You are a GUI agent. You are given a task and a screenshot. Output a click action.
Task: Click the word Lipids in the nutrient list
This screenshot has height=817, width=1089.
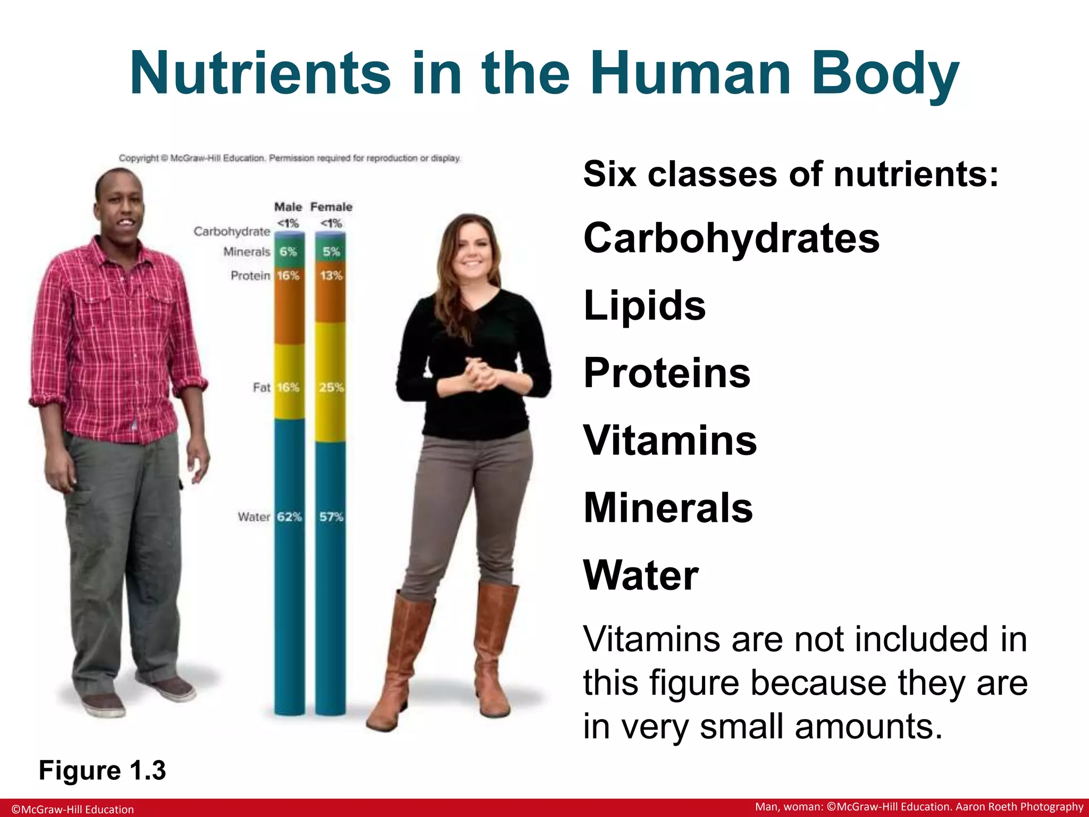click(644, 305)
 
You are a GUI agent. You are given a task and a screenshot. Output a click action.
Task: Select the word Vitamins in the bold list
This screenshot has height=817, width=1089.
click(669, 440)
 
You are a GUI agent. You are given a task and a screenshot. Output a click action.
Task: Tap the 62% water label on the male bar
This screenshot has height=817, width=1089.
click(289, 516)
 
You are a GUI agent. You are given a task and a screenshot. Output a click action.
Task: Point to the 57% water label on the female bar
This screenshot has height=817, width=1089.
click(331, 516)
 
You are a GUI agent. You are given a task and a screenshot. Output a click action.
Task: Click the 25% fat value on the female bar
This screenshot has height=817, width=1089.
click(331, 387)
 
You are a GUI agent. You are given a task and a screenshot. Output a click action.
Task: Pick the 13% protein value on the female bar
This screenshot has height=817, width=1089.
click(331, 276)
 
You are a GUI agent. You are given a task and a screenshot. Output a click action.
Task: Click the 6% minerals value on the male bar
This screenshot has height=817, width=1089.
click(288, 252)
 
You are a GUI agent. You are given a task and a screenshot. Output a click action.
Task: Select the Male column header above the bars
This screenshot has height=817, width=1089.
click(288, 207)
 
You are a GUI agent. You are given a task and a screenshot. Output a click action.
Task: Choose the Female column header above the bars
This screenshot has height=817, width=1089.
click(331, 207)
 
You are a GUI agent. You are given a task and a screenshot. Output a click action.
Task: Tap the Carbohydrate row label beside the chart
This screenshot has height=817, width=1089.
click(232, 231)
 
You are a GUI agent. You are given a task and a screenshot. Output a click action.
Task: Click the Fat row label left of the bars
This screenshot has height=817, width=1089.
click(261, 387)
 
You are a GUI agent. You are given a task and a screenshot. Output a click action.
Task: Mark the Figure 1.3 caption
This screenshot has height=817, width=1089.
click(102, 770)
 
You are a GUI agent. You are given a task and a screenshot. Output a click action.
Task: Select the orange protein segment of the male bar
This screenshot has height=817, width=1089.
click(289, 314)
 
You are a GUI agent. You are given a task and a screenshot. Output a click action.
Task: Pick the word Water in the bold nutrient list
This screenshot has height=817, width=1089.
click(640, 575)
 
